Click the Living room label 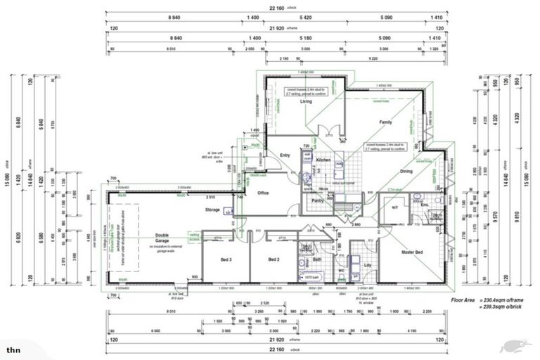(306, 102)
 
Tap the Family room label (385, 122)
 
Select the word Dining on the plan (406, 172)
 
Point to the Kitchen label (323, 161)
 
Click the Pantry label (316, 201)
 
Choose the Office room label (263, 193)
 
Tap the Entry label (285, 155)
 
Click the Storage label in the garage (212, 210)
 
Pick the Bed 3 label (226, 259)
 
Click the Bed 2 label (274, 259)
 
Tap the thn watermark (13, 349)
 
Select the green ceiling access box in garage (193, 238)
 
